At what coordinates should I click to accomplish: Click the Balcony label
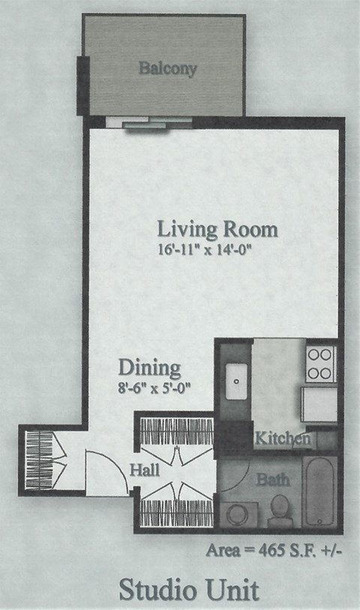pyautogui.click(x=167, y=69)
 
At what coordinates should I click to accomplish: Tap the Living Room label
pyautogui.click(x=217, y=229)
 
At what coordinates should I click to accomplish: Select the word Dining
pyautogui.click(x=149, y=368)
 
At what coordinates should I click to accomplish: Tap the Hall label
pyautogui.click(x=144, y=471)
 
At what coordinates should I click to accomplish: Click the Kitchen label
pyautogui.click(x=282, y=438)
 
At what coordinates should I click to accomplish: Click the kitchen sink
pyautogui.click(x=235, y=381)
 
